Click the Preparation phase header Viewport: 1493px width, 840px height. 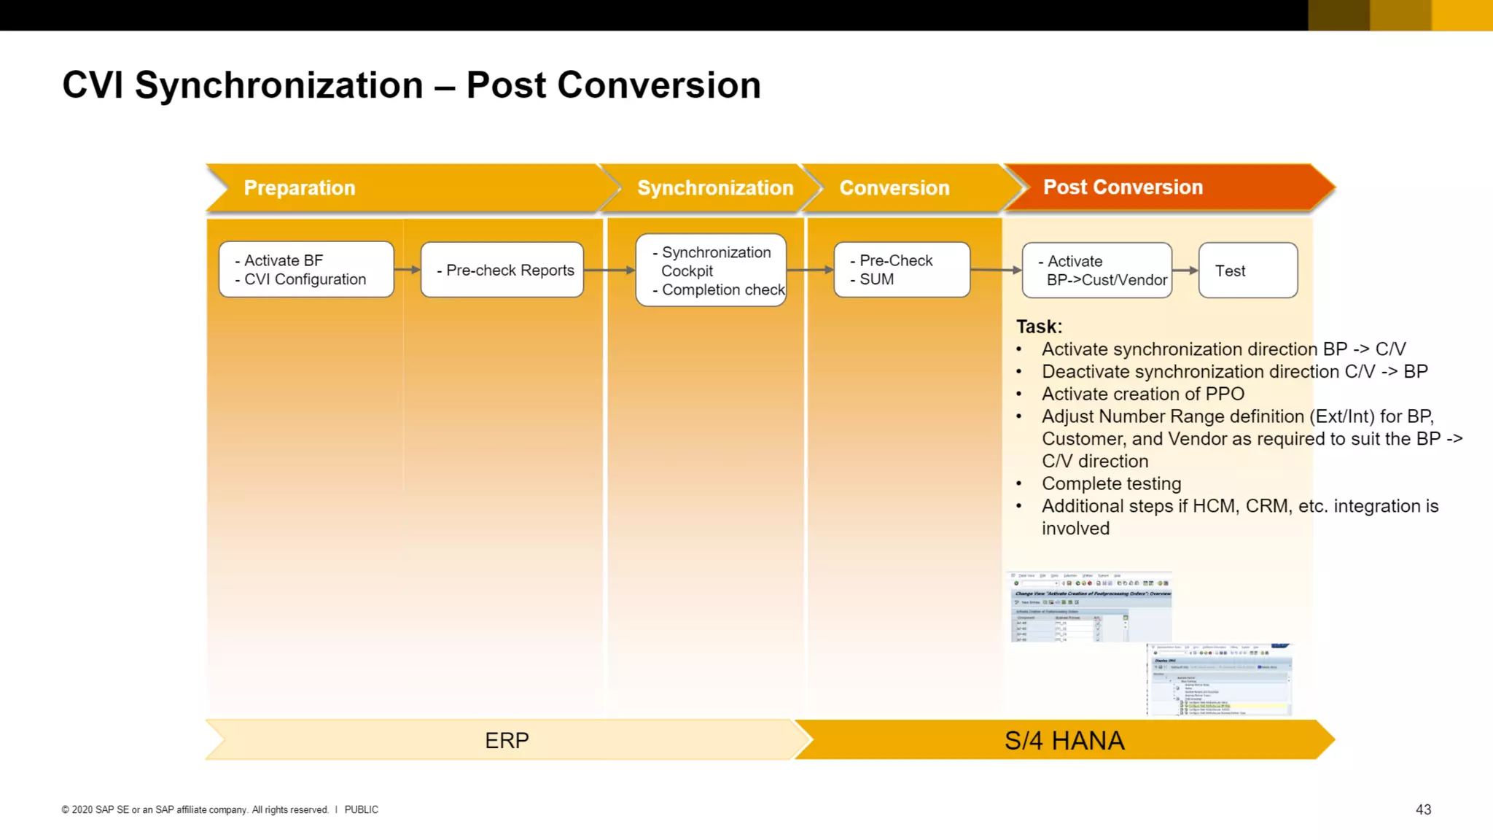click(300, 188)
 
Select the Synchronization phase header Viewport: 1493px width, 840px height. click(714, 188)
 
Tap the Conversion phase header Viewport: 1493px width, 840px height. click(894, 188)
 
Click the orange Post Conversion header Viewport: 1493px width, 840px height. click(1123, 187)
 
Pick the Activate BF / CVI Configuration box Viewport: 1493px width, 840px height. click(306, 270)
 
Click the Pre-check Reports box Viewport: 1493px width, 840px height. click(502, 270)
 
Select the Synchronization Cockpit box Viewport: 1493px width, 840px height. click(711, 271)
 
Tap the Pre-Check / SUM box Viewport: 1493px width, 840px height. click(902, 270)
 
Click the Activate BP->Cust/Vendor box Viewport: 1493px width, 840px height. click(1097, 271)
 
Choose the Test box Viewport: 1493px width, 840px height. click(1248, 271)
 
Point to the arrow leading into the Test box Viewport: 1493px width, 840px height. click(1185, 271)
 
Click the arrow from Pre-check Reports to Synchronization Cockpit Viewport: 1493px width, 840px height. click(609, 271)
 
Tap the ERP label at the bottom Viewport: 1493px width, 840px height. click(507, 740)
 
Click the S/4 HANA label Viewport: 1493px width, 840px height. click(1064, 740)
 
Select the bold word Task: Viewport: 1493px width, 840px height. click(1039, 326)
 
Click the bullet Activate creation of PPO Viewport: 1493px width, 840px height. click(1142, 394)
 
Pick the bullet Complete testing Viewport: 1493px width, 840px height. click(1111, 483)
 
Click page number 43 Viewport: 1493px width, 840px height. click(1423, 809)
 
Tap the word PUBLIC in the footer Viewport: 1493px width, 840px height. click(361, 809)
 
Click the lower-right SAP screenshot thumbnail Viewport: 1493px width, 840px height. click(1219, 680)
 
